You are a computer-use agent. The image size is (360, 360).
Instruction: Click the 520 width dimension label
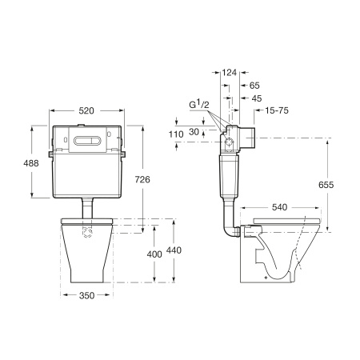(x=86, y=110)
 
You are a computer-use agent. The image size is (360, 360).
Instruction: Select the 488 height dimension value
(x=31, y=163)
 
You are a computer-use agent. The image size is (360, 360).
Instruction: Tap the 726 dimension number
(x=142, y=180)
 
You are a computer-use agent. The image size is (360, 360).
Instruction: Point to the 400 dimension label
(x=154, y=254)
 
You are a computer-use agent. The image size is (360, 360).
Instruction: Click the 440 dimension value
(x=174, y=250)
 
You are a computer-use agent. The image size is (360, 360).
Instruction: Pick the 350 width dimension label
(x=86, y=295)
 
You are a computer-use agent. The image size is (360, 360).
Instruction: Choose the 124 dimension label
(x=230, y=72)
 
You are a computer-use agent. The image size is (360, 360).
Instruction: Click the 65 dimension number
(x=254, y=86)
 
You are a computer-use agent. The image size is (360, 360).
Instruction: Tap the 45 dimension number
(x=257, y=98)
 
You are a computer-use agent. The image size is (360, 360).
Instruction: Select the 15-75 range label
(x=277, y=110)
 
